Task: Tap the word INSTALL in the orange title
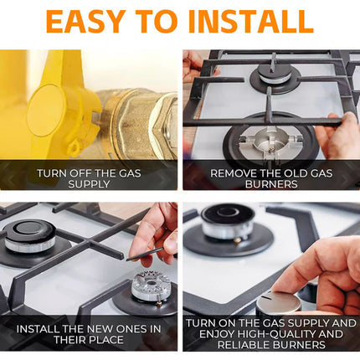click(251, 22)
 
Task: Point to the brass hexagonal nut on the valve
click(165, 122)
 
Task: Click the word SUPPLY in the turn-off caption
click(89, 184)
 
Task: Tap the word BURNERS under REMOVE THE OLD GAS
click(271, 184)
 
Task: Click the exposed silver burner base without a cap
click(270, 141)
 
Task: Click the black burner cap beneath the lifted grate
click(275, 72)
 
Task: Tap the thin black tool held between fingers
click(145, 254)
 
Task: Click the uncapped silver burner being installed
click(151, 287)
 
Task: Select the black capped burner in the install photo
click(29, 235)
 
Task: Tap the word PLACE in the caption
click(107, 340)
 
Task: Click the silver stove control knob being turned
click(279, 305)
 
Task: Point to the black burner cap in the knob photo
click(228, 214)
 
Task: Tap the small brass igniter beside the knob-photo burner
click(237, 240)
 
